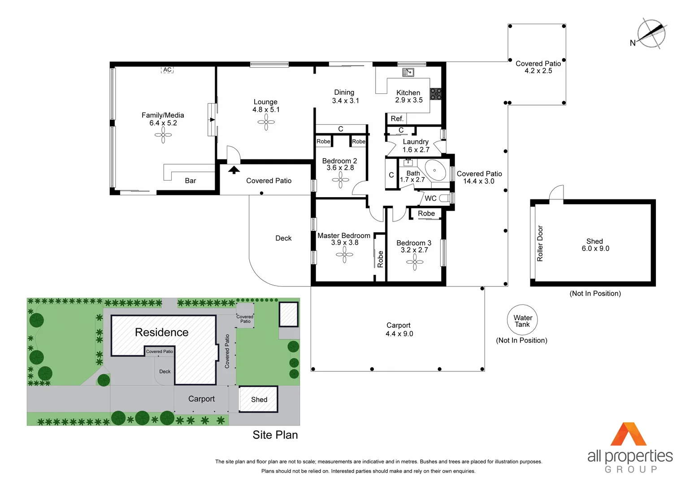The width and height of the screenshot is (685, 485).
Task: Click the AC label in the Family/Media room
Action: [x=167, y=70]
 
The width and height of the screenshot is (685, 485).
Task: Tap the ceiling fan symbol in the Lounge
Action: [x=266, y=122]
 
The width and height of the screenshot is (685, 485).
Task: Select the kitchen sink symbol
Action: [x=408, y=72]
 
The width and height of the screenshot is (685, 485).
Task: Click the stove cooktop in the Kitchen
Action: [x=436, y=94]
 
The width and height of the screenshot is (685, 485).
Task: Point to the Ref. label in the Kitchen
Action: [x=397, y=119]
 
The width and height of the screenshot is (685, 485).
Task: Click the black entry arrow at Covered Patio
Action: [x=234, y=170]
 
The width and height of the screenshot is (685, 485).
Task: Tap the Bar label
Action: [x=191, y=181]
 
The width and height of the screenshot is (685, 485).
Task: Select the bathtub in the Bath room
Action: [x=435, y=171]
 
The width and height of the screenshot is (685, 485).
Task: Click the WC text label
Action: [x=430, y=198]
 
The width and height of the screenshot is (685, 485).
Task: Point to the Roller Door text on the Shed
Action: [x=540, y=243]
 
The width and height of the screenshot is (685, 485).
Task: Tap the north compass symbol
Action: [x=651, y=33]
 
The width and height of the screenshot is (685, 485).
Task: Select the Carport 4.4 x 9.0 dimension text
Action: [x=399, y=334]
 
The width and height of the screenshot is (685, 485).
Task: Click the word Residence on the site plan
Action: [x=161, y=332]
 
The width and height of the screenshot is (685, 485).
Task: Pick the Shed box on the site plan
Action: [x=259, y=399]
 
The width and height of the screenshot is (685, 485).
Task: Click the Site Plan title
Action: [x=275, y=435]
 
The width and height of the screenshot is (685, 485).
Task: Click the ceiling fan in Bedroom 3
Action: [x=415, y=262]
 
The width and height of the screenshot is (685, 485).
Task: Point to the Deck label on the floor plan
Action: [x=283, y=238]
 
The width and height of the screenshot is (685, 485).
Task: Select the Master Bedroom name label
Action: [x=344, y=235]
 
